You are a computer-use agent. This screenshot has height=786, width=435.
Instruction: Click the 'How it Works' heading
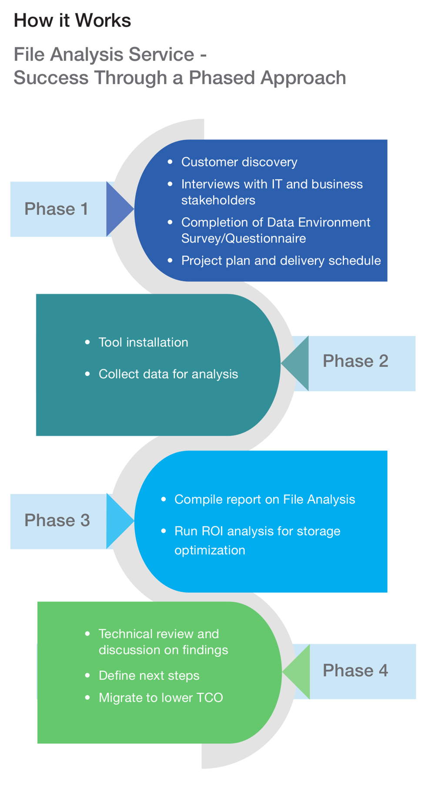point(72,20)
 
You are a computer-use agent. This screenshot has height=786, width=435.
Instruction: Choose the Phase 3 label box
point(57,521)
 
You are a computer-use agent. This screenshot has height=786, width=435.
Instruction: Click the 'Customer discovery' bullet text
point(239,162)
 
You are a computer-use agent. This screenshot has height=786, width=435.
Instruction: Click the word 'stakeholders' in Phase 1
point(218,200)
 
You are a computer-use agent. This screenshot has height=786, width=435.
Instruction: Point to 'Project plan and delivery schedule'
point(281,261)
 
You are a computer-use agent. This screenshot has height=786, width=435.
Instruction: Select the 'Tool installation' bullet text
point(144,342)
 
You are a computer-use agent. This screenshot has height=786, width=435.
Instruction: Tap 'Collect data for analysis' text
point(168,374)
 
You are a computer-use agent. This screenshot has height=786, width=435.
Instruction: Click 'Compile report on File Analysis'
point(264,500)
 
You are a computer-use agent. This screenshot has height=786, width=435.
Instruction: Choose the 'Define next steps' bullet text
point(149,676)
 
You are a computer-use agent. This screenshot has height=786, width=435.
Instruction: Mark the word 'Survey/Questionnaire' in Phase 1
point(244,239)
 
